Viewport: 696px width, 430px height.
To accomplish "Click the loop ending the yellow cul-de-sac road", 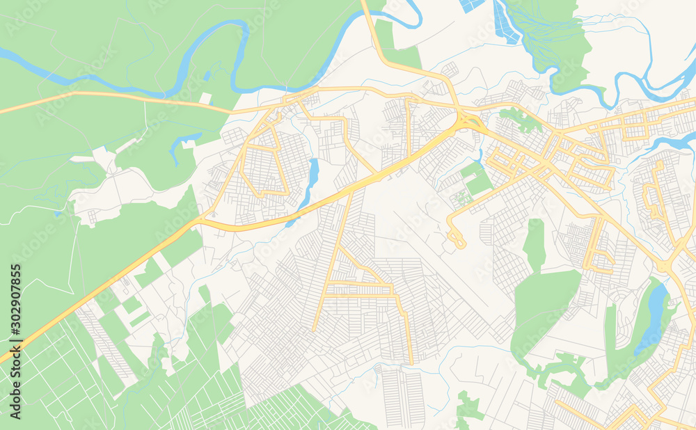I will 457,240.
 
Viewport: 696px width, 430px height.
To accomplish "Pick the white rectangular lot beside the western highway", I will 205,98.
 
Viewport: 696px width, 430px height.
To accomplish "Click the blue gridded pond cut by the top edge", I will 471,4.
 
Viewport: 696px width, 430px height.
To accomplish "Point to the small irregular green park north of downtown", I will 521,120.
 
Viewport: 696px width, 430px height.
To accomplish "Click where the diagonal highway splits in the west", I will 198,221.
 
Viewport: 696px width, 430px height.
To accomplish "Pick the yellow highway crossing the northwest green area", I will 104,96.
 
